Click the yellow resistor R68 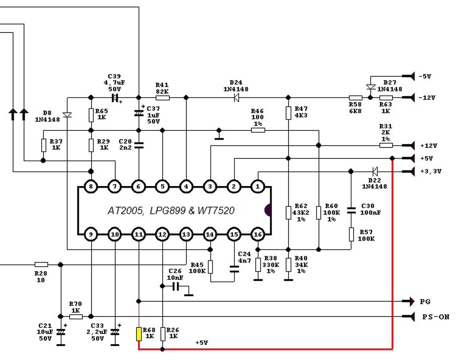(x=139, y=334)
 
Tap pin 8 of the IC (x=91, y=186)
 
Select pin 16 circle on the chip (x=258, y=234)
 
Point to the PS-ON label (x=436, y=317)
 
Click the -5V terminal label (x=425, y=76)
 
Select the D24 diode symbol (x=236, y=97)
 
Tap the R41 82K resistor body (x=162, y=98)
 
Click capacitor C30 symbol (x=351, y=211)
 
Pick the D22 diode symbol (x=375, y=171)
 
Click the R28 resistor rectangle (x=41, y=264)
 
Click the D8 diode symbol (x=67, y=115)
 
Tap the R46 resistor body (x=258, y=130)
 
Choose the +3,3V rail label (x=431, y=171)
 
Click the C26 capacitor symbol (x=176, y=286)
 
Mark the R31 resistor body (x=386, y=145)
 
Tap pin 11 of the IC (x=139, y=234)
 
